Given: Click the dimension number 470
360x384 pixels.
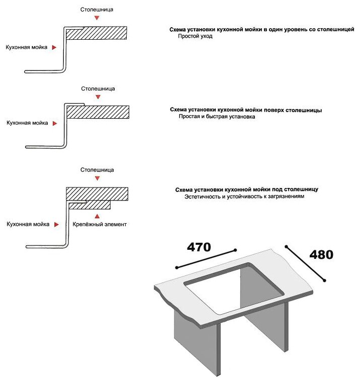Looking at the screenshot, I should tap(199, 247).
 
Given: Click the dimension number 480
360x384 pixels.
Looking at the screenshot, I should tap(321, 255).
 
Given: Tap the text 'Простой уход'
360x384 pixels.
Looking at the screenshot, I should tap(196, 37).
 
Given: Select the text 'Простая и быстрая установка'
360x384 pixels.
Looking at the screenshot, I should tap(217, 117).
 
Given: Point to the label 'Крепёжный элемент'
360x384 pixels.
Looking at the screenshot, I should tap(100, 224).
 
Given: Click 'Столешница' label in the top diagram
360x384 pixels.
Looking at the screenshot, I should tap(97, 10).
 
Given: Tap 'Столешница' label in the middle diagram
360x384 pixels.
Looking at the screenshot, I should tap(98, 89).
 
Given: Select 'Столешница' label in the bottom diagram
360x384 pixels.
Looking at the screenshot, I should tap(97, 170).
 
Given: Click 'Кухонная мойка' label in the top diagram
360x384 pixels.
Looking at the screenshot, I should tap(27, 47).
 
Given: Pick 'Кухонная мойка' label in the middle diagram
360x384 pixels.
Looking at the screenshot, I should tap(27, 123).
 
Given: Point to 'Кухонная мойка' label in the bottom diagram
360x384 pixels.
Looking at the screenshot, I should tap(28, 224).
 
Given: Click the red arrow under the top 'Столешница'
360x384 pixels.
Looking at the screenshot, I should tap(97, 18).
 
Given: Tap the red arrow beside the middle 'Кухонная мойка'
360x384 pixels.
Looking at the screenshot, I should tap(55, 123).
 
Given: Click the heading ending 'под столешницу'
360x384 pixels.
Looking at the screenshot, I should tap(246, 190).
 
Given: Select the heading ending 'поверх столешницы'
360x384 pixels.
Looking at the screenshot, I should tap(246, 110).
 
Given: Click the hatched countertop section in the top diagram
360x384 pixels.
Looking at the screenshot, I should tap(96, 34).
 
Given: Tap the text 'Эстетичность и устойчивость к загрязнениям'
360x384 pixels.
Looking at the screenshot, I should tap(244, 197).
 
